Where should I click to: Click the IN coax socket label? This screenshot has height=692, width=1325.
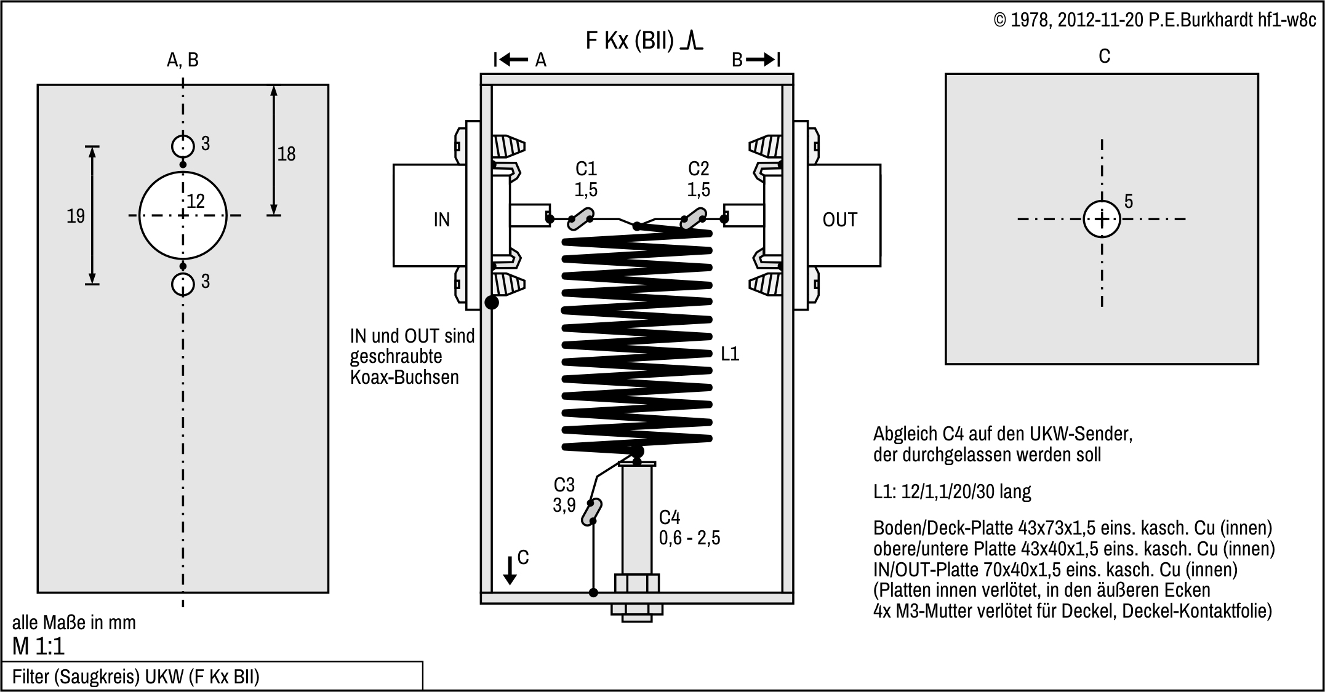(x=441, y=220)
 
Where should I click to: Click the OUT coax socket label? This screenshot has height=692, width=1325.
(x=839, y=220)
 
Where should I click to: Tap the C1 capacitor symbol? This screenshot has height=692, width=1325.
(x=579, y=219)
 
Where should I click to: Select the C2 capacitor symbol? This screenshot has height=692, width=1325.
(x=692, y=219)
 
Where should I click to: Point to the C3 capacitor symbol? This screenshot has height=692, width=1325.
(x=591, y=512)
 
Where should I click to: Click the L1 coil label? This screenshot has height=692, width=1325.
(x=729, y=354)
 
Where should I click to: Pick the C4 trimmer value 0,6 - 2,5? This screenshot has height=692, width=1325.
(x=689, y=538)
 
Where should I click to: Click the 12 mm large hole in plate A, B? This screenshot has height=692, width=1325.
(x=183, y=215)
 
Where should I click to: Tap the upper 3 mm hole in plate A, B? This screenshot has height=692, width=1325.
(x=183, y=146)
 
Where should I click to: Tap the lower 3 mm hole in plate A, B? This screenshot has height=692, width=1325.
(x=183, y=284)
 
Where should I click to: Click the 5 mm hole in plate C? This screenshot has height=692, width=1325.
(x=1102, y=219)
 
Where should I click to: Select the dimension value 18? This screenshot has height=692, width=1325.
(x=286, y=154)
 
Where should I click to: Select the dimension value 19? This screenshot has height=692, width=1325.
(x=76, y=216)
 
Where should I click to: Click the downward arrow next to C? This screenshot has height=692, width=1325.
(x=510, y=570)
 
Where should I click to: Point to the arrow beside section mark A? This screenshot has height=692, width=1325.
(x=513, y=60)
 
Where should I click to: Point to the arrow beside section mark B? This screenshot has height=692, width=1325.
(x=762, y=60)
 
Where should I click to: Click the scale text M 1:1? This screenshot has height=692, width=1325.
(x=38, y=646)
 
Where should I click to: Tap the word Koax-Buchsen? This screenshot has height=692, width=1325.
(x=404, y=377)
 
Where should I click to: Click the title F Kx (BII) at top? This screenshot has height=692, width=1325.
(x=630, y=41)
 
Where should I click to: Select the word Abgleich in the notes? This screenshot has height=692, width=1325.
(x=905, y=434)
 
